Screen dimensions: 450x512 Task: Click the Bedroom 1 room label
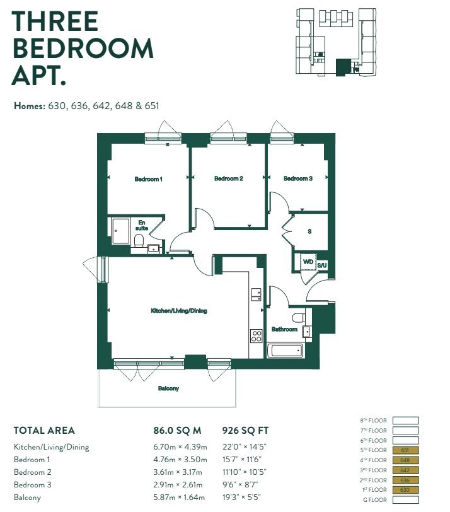coord(149,179)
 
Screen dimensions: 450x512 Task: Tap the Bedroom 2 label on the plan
coord(229,178)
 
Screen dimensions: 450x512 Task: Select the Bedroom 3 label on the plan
coord(298,178)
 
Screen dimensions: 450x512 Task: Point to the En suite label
coord(142,225)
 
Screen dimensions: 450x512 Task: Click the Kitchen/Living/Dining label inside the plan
coord(179,310)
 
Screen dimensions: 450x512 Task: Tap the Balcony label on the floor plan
coord(168,388)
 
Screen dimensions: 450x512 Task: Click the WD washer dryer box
coord(308,262)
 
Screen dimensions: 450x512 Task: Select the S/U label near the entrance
coord(322,265)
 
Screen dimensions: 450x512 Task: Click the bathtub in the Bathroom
coord(286,351)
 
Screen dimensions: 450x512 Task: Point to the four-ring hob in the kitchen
coord(256,336)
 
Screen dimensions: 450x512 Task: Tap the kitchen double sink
coord(256,294)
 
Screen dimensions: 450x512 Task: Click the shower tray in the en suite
coord(120,231)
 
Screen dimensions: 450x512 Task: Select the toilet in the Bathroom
coord(299,317)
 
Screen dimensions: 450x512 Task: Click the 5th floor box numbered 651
coord(405,450)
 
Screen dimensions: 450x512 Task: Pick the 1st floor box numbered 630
coord(405,490)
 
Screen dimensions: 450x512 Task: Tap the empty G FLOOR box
coord(405,500)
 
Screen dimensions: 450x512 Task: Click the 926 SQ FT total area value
coord(245,431)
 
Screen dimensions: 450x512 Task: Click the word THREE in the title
coord(55,21)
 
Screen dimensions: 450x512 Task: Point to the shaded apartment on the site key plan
coord(342,67)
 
